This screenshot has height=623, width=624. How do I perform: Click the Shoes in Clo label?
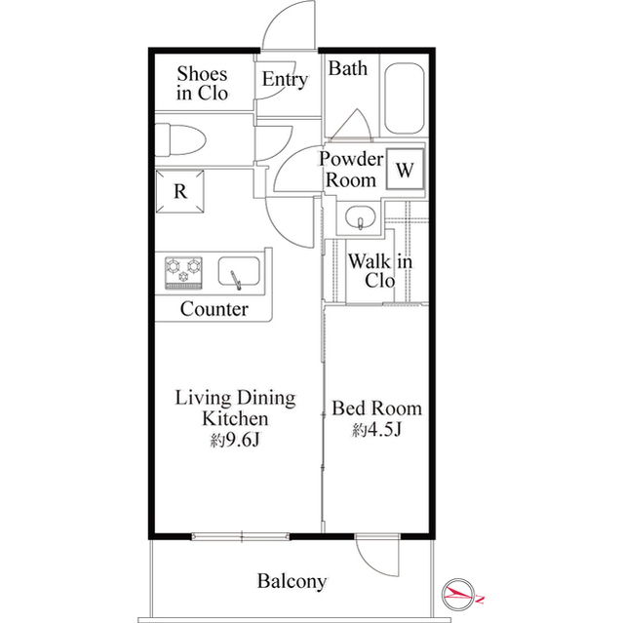click(202, 84)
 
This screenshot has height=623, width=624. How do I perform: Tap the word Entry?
click(285, 80)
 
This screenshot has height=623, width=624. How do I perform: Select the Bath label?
click(347, 68)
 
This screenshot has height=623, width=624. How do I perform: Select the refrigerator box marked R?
click(180, 191)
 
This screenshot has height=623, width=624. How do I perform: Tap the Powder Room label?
click(350, 170)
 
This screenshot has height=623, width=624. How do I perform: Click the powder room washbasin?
click(360, 218)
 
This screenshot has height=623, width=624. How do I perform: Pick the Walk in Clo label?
click(379, 271)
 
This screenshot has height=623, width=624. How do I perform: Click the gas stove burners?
click(182, 270)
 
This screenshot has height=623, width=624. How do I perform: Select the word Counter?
click(214, 310)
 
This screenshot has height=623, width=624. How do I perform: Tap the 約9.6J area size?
click(235, 440)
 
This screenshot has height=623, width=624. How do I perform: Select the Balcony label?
click(292, 582)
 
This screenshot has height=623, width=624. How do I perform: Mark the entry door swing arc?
click(292, 24)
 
